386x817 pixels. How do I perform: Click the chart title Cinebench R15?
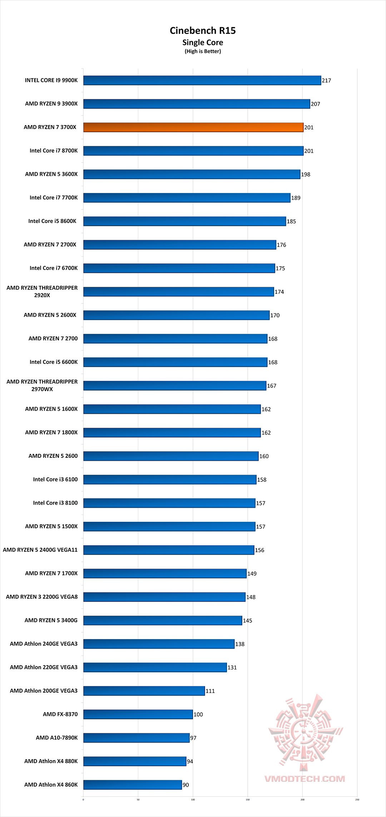[x=203, y=31]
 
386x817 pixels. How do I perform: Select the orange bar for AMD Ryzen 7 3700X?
[x=193, y=127]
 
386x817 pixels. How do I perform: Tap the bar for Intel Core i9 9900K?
[x=202, y=80]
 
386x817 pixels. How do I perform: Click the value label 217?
[x=326, y=81]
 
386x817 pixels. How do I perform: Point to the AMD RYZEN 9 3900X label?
[x=51, y=104]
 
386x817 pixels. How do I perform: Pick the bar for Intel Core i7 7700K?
[x=187, y=198]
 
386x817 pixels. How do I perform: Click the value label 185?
[x=291, y=222]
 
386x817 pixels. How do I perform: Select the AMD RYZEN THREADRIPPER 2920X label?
[x=42, y=292]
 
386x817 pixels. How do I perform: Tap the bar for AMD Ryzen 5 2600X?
[x=176, y=315]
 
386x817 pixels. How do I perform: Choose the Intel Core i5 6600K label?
[x=54, y=362]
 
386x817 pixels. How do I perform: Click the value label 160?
[x=264, y=456]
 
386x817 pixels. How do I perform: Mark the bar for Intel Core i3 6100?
[x=170, y=480]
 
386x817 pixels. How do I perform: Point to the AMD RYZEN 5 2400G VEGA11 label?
[x=40, y=550]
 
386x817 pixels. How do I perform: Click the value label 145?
[x=247, y=621]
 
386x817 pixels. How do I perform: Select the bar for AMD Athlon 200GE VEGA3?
[x=144, y=691]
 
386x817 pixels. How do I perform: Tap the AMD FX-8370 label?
[x=60, y=714]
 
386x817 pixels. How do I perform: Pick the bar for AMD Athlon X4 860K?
[x=133, y=785]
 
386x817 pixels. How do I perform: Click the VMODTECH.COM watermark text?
[x=305, y=779]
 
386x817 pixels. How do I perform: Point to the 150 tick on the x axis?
[x=248, y=799]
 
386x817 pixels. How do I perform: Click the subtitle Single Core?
[x=203, y=43]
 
